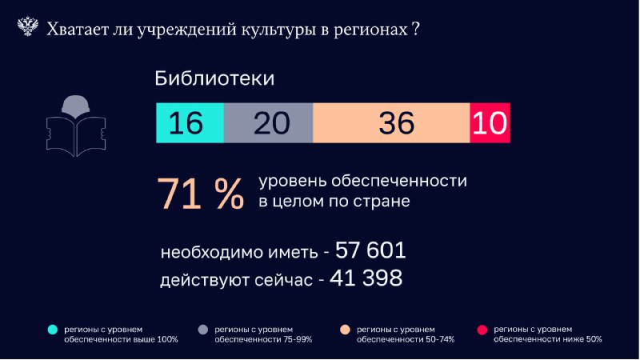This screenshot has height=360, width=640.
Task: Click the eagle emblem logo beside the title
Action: coord(28,26)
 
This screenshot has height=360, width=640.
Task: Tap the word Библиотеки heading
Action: coord(214,78)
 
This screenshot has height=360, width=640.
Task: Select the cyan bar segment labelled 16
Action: coord(190,123)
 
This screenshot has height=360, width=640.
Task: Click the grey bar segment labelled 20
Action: coord(268,123)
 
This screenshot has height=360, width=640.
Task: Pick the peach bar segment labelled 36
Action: coord(391,123)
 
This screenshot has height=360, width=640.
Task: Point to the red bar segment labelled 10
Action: coord(490,123)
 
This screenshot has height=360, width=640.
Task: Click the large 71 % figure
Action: coord(201,194)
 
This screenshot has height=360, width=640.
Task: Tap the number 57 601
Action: coord(370,250)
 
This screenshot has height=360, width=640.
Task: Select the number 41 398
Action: coord(366,278)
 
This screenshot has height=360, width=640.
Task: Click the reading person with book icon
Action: coord(76,126)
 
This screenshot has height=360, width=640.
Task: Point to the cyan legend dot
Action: coord(53,330)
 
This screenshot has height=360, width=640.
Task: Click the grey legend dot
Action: coord(203,330)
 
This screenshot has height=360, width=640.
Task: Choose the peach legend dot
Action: coord(346,330)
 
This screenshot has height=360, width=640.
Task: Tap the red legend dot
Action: coord(482,330)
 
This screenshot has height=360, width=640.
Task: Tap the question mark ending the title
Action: coord(415,29)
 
